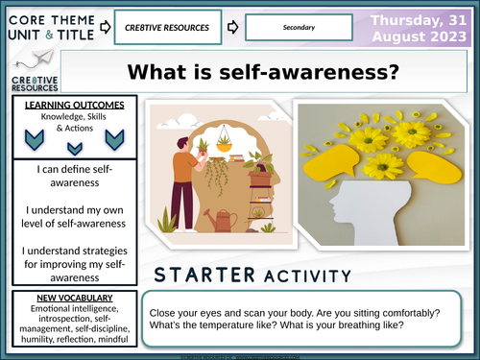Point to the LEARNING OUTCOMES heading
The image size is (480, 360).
coord(66,103)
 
